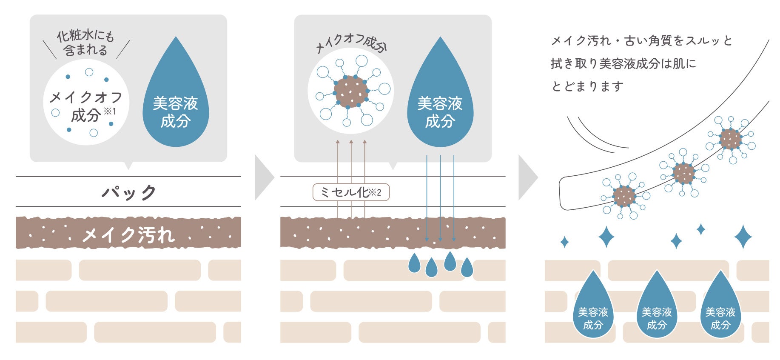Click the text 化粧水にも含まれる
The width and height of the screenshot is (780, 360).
coord(85,43)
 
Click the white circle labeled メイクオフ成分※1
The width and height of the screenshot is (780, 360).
coord(86,102)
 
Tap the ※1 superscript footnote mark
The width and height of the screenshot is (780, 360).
coord(110,111)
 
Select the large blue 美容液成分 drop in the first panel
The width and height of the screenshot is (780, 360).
coord(176,102)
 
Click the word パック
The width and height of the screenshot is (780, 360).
coord(128,192)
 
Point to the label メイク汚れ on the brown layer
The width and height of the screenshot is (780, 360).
coord(128,234)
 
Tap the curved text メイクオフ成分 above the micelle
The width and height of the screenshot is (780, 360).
coord(351,43)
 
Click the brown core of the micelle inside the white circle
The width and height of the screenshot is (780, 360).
coord(351,91)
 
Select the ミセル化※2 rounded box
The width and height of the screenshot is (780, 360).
coord(351,192)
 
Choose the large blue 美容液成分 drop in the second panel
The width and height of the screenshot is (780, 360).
coord(440,102)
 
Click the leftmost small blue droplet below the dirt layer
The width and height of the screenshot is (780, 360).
coord(414,263)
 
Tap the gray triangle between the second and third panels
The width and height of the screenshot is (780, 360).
coord(527,177)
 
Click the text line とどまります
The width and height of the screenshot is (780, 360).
coord(587,87)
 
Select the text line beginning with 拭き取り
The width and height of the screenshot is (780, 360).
coord(623,64)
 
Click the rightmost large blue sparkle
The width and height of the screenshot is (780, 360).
coord(743,237)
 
